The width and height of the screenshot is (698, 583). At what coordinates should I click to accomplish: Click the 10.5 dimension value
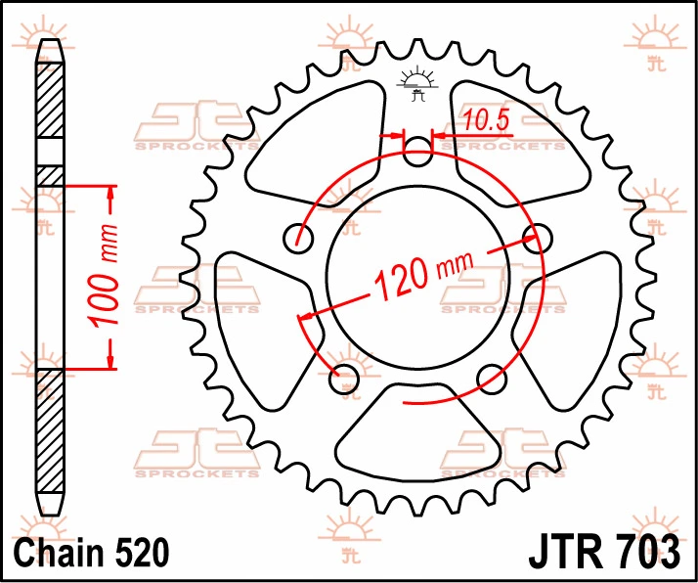pos(486,120)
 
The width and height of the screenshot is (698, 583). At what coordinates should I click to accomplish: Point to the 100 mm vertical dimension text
pos(104,276)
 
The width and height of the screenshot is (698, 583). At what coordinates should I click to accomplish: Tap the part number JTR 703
pos(604,552)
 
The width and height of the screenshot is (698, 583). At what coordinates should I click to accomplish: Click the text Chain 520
pos(92,553)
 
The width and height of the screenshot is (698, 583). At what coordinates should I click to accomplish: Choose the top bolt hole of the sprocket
pos(417,152)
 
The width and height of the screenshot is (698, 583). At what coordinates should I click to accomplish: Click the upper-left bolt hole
pos(298,239)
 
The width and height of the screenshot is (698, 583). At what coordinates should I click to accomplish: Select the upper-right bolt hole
pos(538,239)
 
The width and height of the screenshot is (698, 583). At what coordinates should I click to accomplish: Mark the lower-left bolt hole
pos(344,379)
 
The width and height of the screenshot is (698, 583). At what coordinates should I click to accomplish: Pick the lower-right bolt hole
pos(492,379)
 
